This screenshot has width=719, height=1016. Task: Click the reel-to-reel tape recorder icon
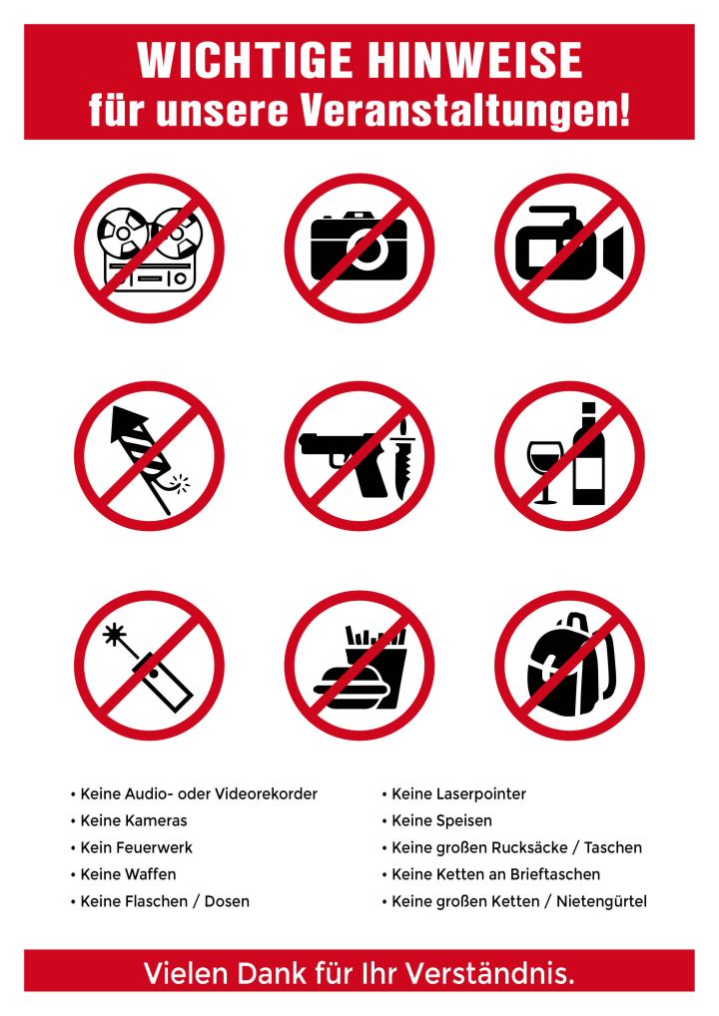[x=151, y=249]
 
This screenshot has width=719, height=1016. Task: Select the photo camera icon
[x=359, y=247]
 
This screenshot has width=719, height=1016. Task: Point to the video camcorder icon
[x=570, y=245]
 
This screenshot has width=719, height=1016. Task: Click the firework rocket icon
[x=148, y=459]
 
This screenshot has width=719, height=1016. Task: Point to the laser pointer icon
[x=148, y=668]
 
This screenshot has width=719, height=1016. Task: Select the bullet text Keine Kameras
[x=134, y=820]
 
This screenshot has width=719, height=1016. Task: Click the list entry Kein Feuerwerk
[x=136, y=847]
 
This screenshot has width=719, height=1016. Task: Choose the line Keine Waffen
[x=129, y=874]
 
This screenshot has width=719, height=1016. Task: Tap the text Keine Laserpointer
[x=459, y=793]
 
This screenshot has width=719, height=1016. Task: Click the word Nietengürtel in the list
[x=601, y=901]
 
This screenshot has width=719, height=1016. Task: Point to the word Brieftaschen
[x=555, y=874]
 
